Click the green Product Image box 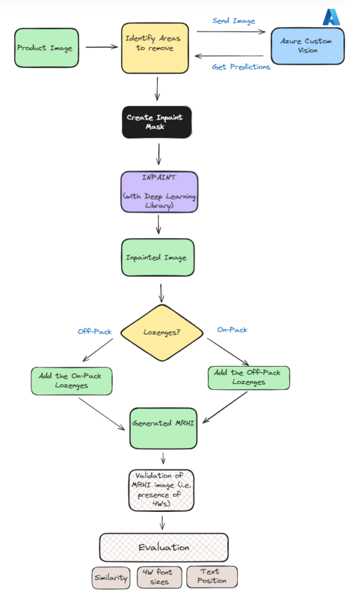(46, 47)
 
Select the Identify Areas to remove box (154, 47)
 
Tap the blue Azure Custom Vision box (307, 46)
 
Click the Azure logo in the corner (331, 17)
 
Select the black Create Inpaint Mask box (155, 121)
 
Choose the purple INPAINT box (159, 192)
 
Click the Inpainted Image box (157, 257)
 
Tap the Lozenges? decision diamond (162, 332)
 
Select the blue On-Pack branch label (232, 329)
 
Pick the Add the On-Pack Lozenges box (71, 381)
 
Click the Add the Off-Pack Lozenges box (248, 377)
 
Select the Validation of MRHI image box (162, 489)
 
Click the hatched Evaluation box (163, 547)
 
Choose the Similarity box (111, 577)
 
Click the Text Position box (212, 576)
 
